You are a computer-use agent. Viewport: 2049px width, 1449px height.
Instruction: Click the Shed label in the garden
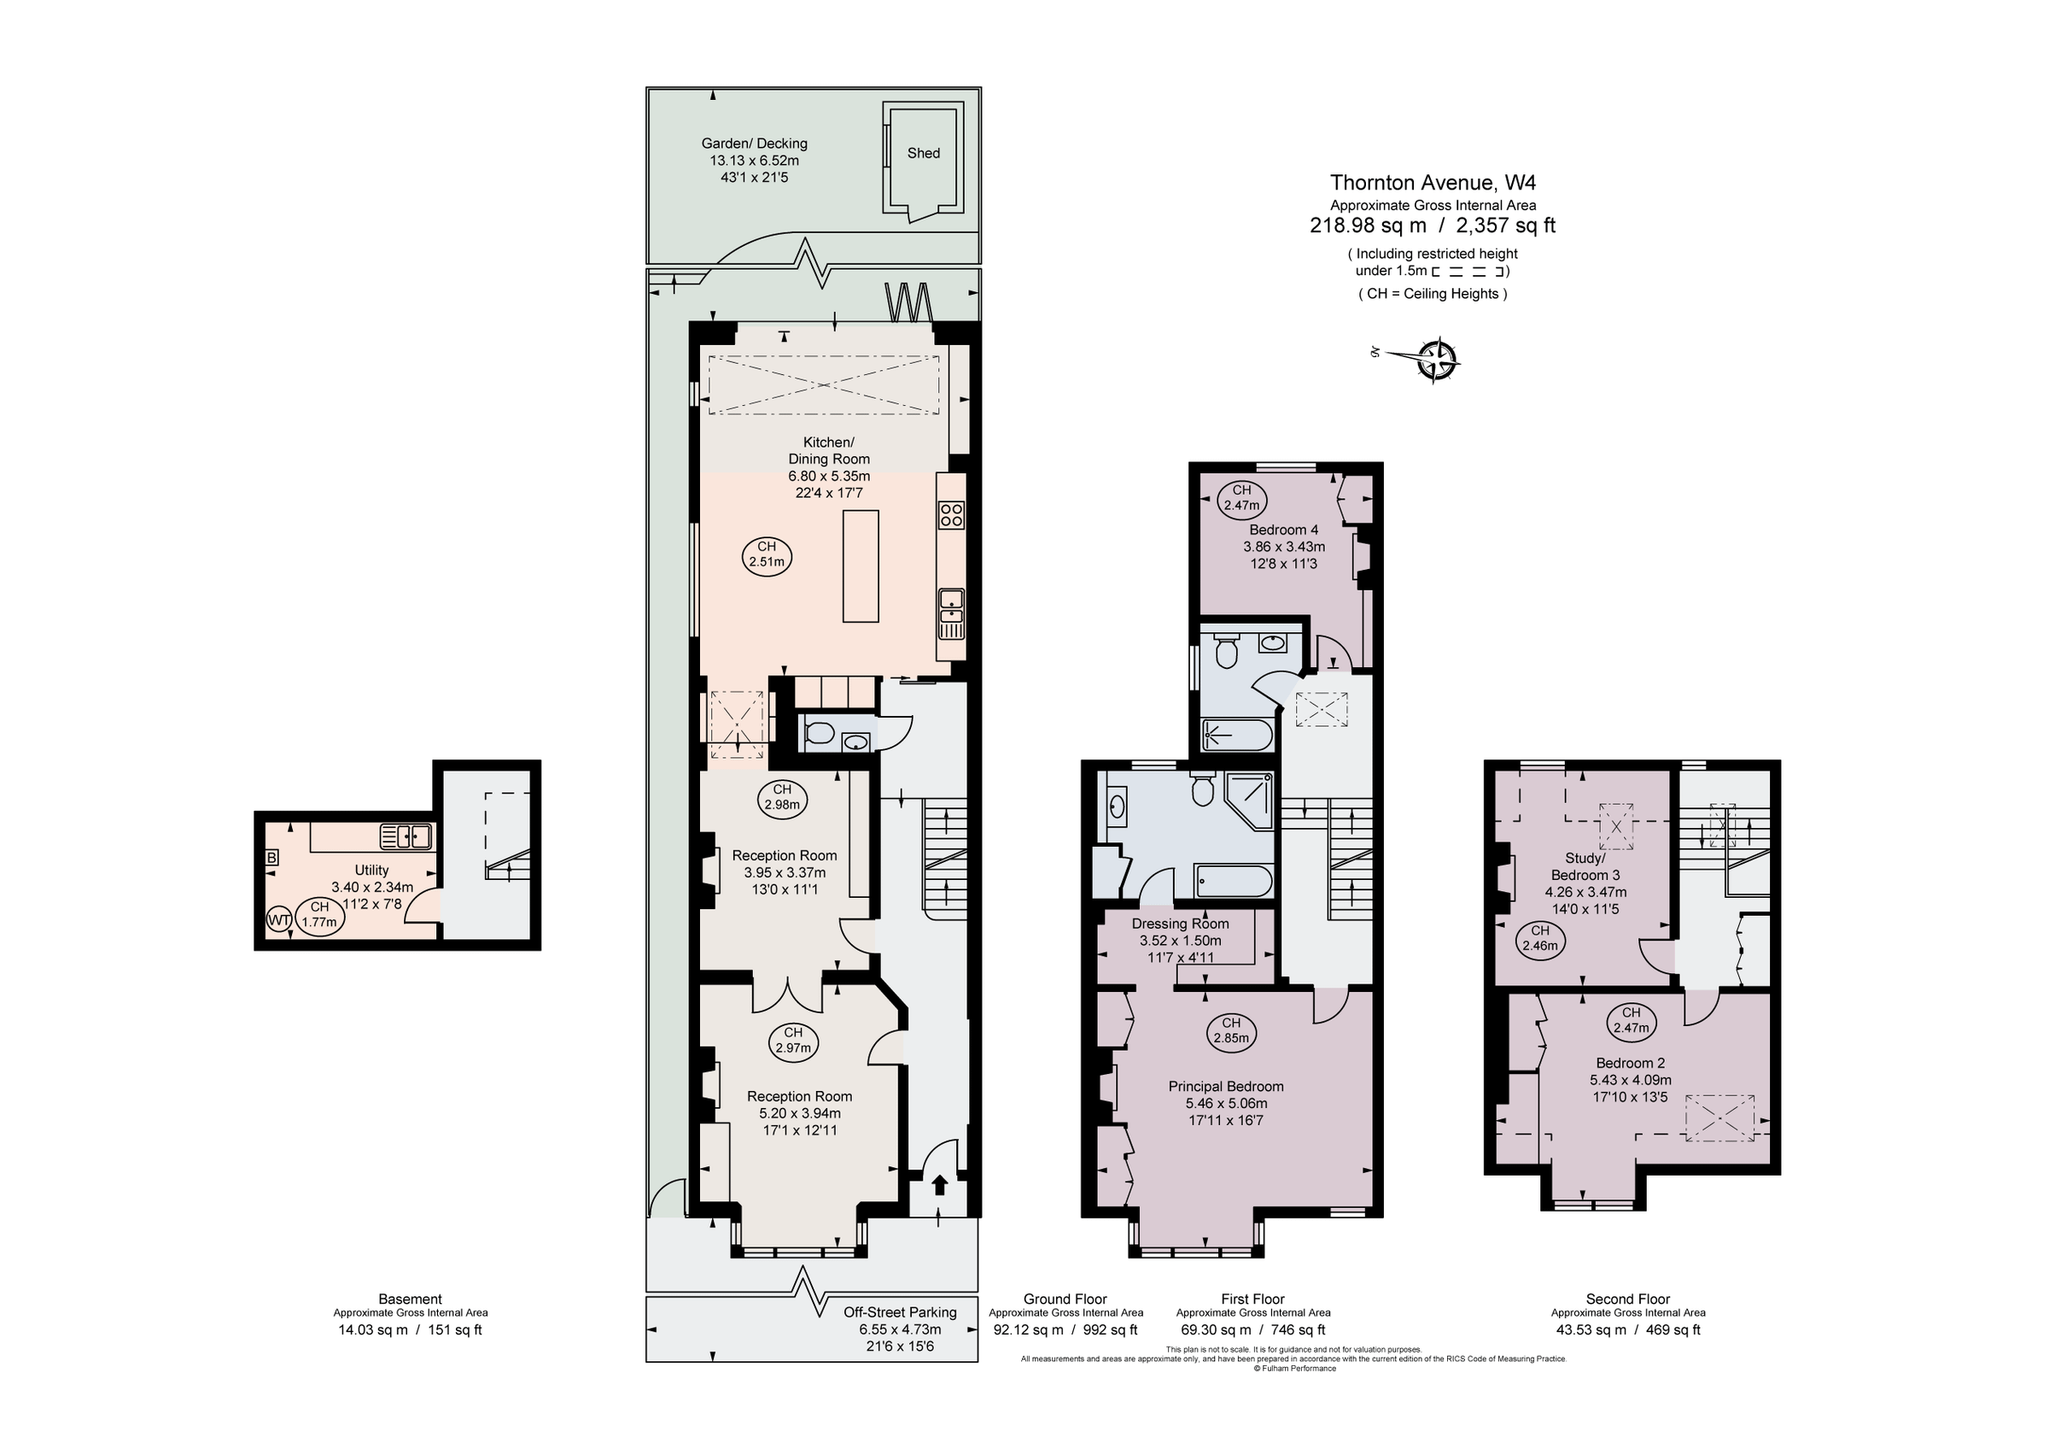click(x=924, y=154)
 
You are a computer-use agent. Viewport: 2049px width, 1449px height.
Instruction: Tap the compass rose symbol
click(x=1437, y=360)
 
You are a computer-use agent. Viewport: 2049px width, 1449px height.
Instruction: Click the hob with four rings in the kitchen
click(x=951, y=515)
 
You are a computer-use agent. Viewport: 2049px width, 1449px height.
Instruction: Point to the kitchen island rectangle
click(x=861, y=566)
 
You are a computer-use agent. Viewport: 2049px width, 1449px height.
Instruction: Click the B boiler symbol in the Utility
click(x=272, y=858)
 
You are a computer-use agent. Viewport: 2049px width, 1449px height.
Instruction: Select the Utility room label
click(x=371, y=871)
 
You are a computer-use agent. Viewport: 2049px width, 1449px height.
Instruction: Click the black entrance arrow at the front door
click(x=939, y=1185)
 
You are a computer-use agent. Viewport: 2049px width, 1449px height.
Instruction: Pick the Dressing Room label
click(x=1180, y=924)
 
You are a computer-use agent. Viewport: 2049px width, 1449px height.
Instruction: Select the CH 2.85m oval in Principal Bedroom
click(x=1232, y=1031)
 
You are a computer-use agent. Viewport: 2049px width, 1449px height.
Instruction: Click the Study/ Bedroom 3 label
click(x=1585, y=867)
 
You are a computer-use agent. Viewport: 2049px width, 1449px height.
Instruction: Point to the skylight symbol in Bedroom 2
click(x=1719, y=1118)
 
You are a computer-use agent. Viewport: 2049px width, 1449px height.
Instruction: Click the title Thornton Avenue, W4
click(x=1433, y=183)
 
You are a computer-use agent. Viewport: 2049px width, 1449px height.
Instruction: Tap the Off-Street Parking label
click(x=900, y=1312)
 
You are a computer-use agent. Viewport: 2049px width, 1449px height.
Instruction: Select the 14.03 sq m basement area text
click(x=372, y=1330)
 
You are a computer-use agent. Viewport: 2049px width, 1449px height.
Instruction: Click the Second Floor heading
click(x=1628, y=1299)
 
